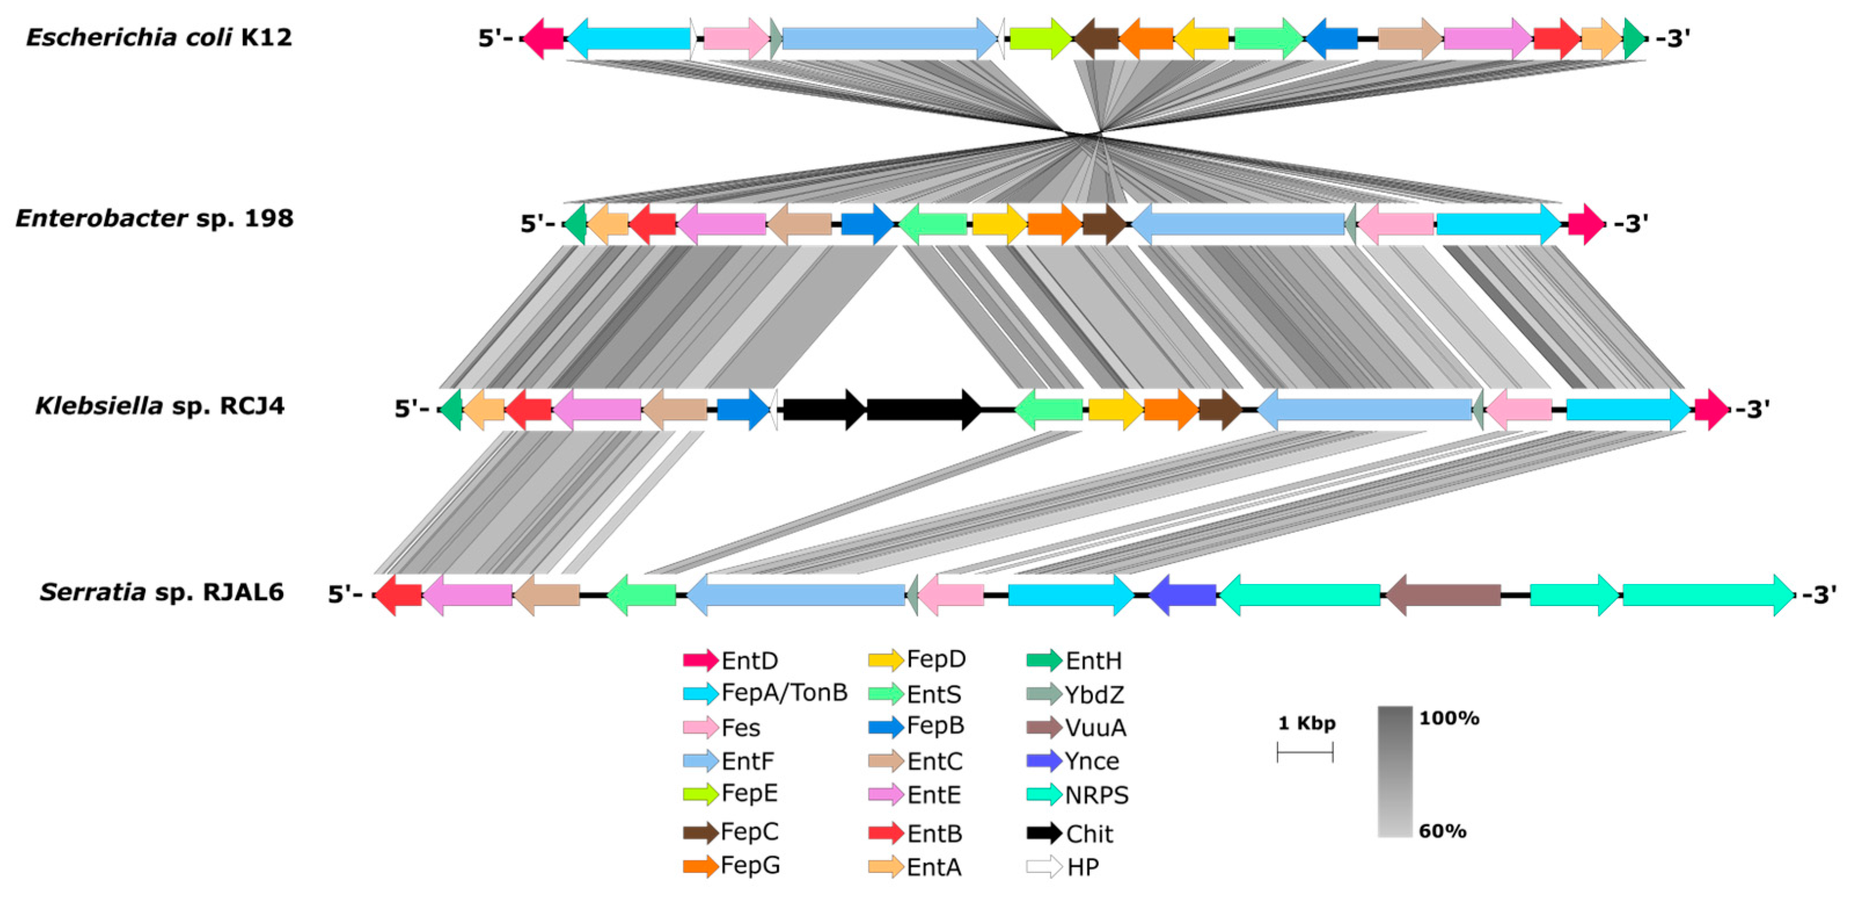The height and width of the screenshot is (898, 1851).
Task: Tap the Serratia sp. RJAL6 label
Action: click(162, 593)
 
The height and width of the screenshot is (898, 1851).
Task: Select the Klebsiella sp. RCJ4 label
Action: click(160, 406)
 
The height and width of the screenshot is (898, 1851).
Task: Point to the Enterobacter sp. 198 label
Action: click(155, 218)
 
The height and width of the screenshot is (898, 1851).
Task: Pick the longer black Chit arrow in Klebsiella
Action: click(923, 409)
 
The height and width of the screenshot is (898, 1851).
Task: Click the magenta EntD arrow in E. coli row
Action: click(543, 38)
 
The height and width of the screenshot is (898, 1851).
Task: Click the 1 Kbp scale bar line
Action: click(1305, 753)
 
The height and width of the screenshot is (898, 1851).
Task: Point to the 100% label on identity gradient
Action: click(1449, 718)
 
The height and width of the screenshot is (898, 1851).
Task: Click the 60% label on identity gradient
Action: click(1442, 831)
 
